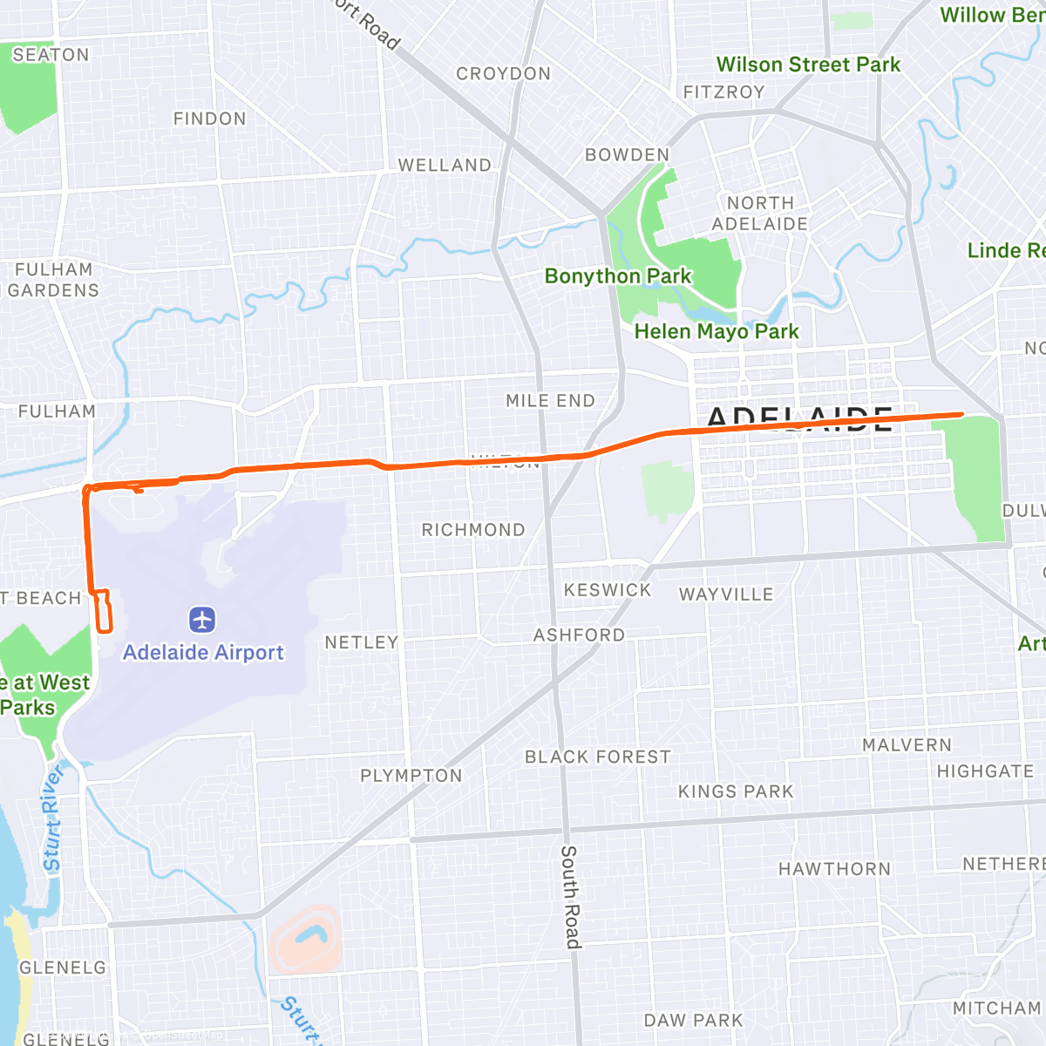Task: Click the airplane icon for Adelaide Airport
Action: point(202,621)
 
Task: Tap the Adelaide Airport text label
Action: point(203,653)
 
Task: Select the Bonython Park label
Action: point(617,276)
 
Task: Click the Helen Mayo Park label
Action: point(716,331)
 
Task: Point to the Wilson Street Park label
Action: point(808,65)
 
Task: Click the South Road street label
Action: point(569,896)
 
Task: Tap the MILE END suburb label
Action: point(550,401)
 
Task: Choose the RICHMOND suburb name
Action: point(473,530)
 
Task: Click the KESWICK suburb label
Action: point(608,590)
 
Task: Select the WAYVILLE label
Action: point(726,594)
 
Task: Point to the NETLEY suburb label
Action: point(362,642)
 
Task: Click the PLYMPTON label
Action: point(411,776)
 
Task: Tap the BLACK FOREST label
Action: point(598,757)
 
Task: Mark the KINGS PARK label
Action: point(736,791)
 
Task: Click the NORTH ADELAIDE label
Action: point(760,214)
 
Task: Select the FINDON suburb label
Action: point(209,119)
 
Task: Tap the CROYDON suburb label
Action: point(504,74)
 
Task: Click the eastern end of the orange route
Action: point(961,415)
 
